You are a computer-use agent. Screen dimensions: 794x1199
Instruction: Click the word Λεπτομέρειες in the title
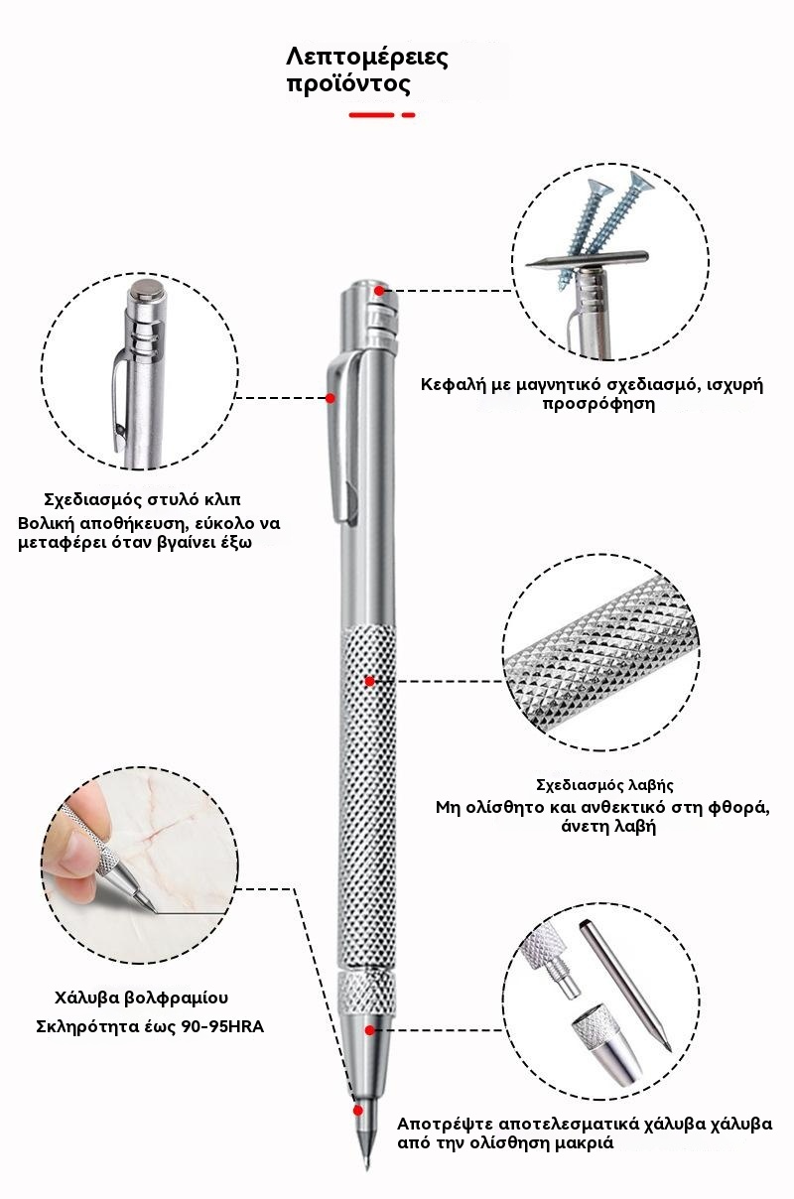(367, 58)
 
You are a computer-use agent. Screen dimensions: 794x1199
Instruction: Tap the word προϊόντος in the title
(349, 84)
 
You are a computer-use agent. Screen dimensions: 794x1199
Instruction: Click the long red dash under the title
(371, 114)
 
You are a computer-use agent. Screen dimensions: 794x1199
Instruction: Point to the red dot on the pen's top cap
(379, 291)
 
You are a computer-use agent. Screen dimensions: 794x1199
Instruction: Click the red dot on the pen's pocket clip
(331, 398)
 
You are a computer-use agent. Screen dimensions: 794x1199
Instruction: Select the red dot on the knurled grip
(369, 681)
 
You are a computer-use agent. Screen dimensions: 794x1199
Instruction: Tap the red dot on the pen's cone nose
(369, 1030)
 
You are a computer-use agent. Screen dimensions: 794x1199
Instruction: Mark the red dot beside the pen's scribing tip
(357, 1111)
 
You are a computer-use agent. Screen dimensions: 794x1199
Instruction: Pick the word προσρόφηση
(598, 404)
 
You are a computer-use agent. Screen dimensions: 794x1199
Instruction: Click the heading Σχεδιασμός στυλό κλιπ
(142, 499)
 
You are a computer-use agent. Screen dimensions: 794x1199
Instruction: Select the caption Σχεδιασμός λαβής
(604, 785)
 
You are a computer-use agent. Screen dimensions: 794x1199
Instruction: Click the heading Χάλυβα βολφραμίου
(141, 998)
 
